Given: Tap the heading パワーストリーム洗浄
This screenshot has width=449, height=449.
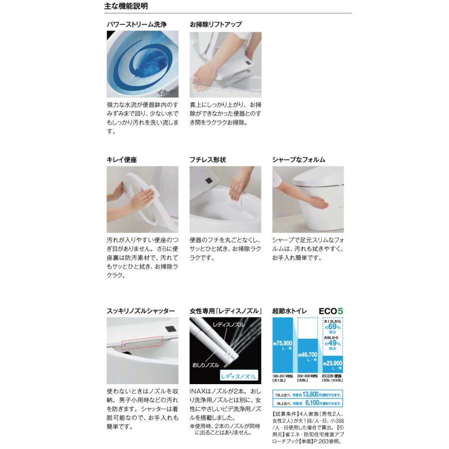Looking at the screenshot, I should (x=136, y=24).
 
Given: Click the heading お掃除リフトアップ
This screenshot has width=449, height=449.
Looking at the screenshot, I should (x=216, y=24).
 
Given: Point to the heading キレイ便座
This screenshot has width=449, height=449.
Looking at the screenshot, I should (x=122, y=160).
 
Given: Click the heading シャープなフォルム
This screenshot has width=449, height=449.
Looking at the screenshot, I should (x=299, y=160).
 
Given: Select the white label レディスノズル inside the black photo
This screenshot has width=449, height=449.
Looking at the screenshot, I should (x=229, y=325).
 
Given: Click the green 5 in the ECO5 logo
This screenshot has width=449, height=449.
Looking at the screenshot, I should (x=340, y=311).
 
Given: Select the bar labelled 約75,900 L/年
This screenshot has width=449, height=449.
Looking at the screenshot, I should (x=283, y=350).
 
